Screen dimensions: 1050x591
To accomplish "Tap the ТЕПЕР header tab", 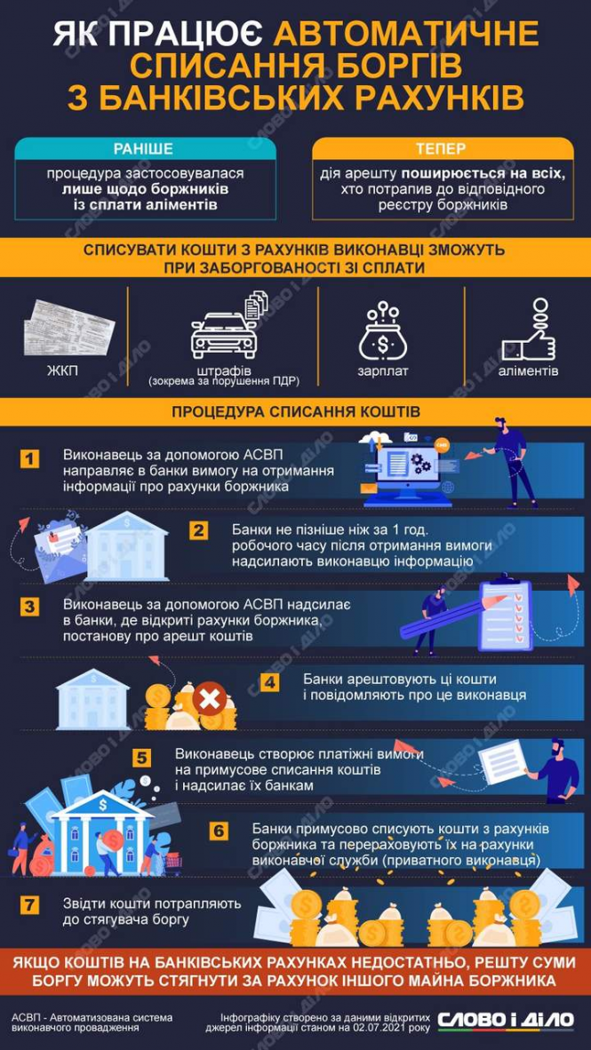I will click(441, 148).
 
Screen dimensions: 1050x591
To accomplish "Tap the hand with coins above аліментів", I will click(530, 330).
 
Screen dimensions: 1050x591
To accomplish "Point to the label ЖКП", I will click(61, 370).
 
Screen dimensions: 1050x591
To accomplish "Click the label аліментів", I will click(529, 370).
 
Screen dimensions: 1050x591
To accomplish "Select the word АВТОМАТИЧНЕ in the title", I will click(405, 34).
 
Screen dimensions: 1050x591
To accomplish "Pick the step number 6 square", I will click(220, 831).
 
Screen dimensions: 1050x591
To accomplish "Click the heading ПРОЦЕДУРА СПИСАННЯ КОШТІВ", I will click(295, 411).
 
